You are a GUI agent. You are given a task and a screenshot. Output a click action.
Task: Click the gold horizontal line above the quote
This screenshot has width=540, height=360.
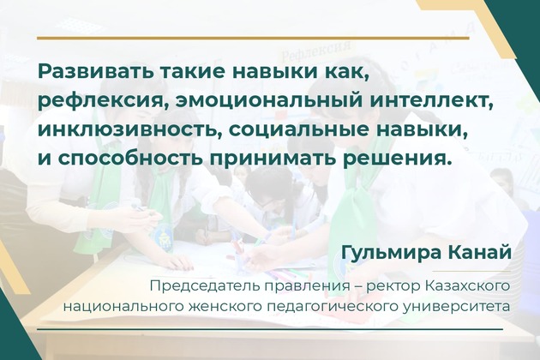(x=253, y=38)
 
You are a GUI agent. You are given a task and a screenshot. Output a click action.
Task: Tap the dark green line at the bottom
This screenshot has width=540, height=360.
(x=270, y=330)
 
